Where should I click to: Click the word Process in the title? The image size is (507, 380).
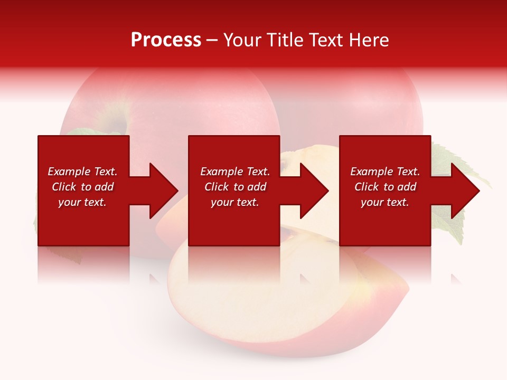(x=166, y=40)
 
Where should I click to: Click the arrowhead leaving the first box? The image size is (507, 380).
(x=163, y=191)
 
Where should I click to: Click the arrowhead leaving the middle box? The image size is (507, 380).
(x=313, y=191)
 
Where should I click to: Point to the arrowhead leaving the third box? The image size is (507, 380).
(x=464, y=191)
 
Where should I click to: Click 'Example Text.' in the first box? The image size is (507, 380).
(x=82, y=172)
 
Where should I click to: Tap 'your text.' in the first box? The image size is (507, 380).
(x=82, y=202)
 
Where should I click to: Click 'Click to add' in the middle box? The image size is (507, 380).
(x=235, y=187)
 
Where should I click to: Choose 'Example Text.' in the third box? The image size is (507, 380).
(x=385, y=172)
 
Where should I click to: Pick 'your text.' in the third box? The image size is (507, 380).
(x=385, y=202)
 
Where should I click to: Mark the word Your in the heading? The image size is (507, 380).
(x=242, y=40)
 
